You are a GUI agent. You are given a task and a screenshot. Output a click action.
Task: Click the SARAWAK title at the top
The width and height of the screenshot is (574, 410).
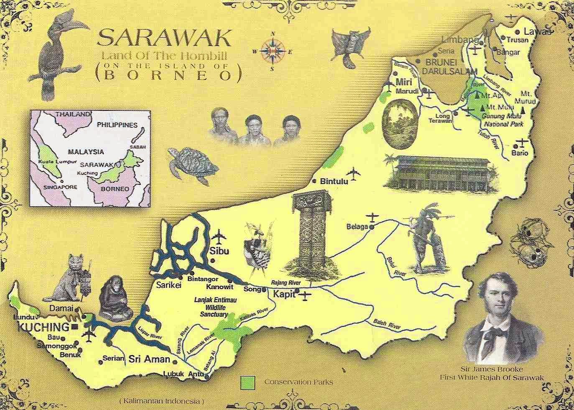tap(164, 38)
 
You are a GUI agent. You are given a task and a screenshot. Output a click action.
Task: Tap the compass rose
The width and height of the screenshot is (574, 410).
tap(273, 51)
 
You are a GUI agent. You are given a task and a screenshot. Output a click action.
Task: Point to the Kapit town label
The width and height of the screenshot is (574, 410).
tap(284, 295)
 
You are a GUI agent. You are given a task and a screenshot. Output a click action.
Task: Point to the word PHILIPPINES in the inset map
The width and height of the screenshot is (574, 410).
tap(117, 125)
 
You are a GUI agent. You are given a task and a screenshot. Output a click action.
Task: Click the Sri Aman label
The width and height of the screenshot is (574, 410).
tap(149, 359)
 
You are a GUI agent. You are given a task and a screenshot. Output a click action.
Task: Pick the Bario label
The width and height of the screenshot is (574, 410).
tap(520, 153)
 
